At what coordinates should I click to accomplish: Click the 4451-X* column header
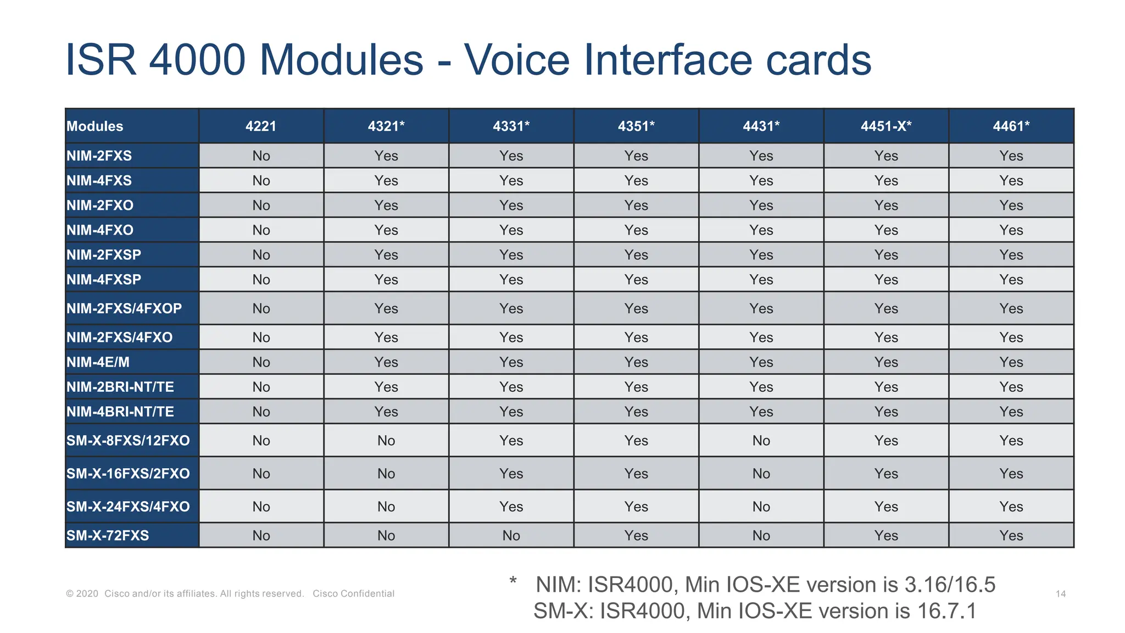pos(885,126)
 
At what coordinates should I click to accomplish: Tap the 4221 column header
pos(261,126)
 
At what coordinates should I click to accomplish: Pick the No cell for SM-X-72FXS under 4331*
pos(511,535)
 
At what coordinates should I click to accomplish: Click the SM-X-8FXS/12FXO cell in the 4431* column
pos(761,441)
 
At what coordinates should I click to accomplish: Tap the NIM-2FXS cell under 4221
pos(261,156)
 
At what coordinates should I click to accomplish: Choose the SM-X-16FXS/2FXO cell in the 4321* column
pos(386,474)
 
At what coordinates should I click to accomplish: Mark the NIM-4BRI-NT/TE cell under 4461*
pos(1011,412)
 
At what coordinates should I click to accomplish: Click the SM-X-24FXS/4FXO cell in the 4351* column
pos(636,507)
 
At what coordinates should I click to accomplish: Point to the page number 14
pos(1061,594)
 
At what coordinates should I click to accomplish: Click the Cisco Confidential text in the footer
pos(353,593)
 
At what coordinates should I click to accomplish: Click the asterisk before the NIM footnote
pos(513,581)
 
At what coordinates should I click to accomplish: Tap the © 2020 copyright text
pos(82,593)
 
